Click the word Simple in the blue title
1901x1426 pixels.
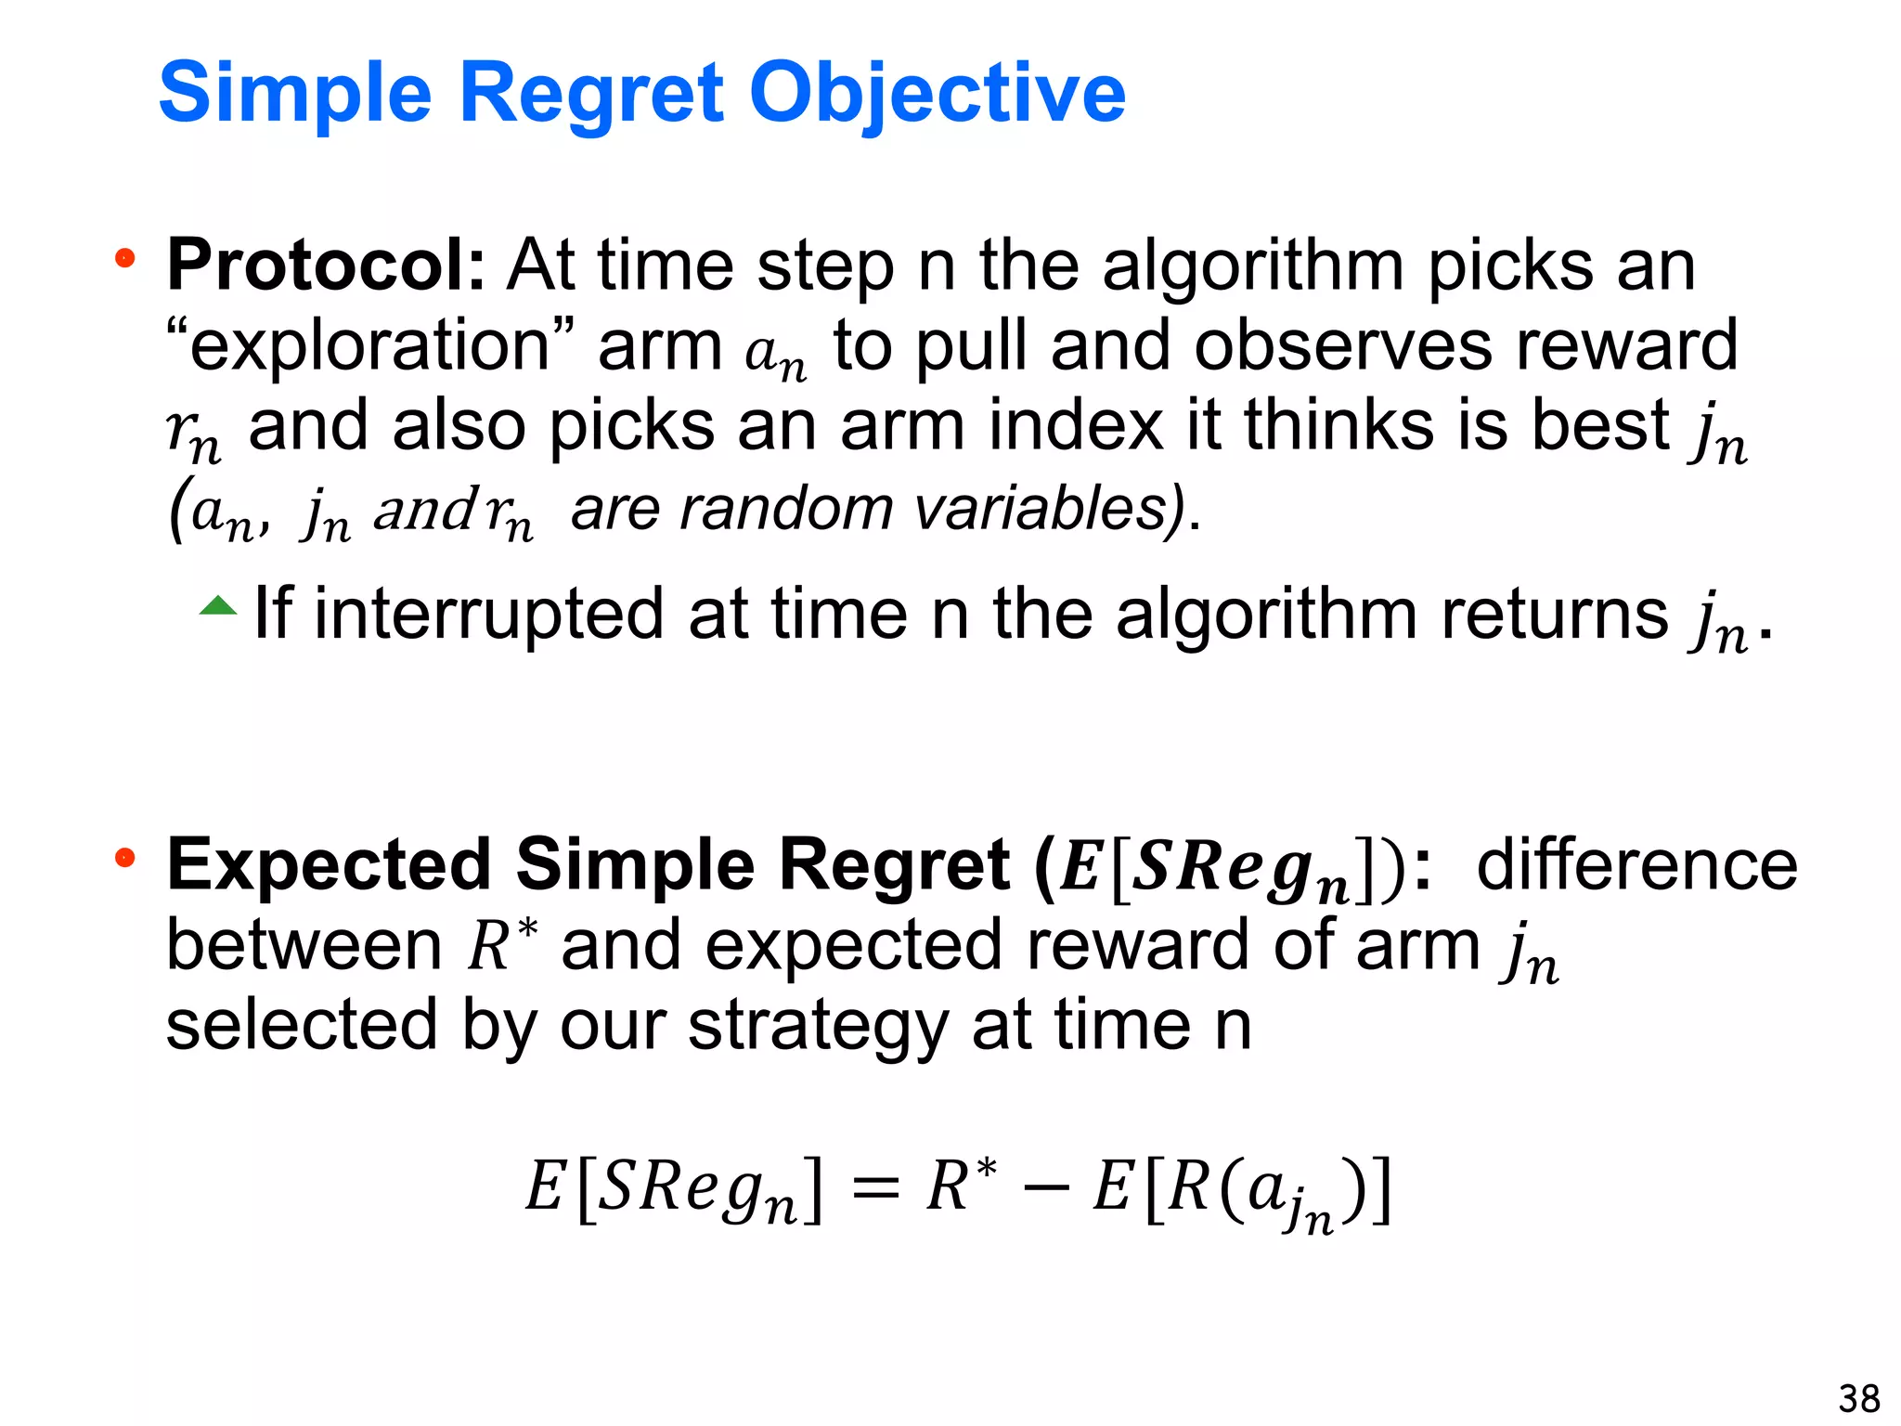pos(295,93)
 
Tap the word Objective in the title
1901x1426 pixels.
pos(938,93)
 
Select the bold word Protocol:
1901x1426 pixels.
pos(325,266)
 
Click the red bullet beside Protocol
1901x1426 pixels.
pos(124,258)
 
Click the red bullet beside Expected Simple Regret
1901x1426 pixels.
pos(124,858)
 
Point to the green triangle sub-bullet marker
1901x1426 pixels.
pos(218,607)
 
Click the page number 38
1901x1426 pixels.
pos(1858,1398)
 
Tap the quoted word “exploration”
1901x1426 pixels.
pos(370,345)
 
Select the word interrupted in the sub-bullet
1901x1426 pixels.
pos(489,614)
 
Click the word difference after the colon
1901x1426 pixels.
pos(1636,865)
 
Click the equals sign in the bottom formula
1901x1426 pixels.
pos(874,1189)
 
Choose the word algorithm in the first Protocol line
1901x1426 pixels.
pos(1252,266)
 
